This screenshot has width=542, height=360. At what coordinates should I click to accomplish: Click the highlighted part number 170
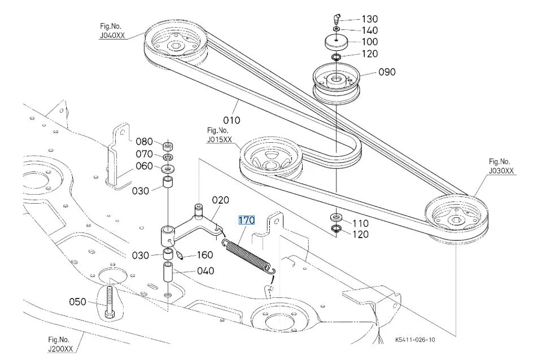[247, 220]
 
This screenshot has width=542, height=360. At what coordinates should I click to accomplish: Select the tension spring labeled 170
[248, 256]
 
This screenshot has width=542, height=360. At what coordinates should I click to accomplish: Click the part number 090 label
[387, 72]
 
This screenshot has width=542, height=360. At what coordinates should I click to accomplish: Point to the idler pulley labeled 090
[336, 83]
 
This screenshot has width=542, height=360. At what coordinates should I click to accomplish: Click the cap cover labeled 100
[336, 43]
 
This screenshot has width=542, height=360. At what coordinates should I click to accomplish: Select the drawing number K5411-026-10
[415, 340]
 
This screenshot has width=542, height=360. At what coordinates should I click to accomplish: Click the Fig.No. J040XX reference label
[112, 30]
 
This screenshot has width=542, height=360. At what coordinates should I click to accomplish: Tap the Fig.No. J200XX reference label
[61, 344]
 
